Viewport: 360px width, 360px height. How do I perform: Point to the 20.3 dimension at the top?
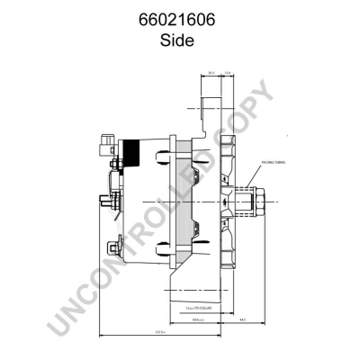point(210,73)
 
